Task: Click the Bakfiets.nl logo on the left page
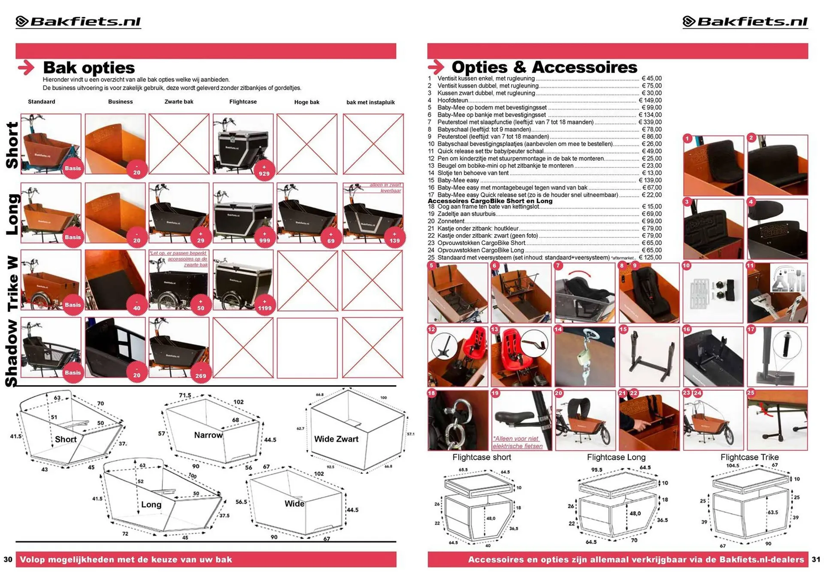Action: click(x=78, y=21)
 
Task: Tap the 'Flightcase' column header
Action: click(x=243, y=102)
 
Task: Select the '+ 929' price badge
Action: click(x=264, y=171)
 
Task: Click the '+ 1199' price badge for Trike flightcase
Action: click(x=264, y=305)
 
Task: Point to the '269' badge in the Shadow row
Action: click(x=200, y=373)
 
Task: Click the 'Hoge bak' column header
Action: click(x=306, y=102)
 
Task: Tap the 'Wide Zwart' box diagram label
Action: click(x=336, y=439)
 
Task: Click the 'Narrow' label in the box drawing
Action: click(x=208, y=435)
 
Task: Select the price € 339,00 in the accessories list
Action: click(x=650, y=122)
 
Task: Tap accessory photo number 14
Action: click(x=585, y=357)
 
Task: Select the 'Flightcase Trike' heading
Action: click(x=749, y=457)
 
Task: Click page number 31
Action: click(x=816, y=559)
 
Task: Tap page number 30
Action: click(x=8, y=559)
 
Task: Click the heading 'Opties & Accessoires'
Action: click(x=544, y=67)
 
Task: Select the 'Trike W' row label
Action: click(x=12, y=283)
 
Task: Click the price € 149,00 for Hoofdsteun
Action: click(x=650, y=100)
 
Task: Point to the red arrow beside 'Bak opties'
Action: click(x=27, y=67)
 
